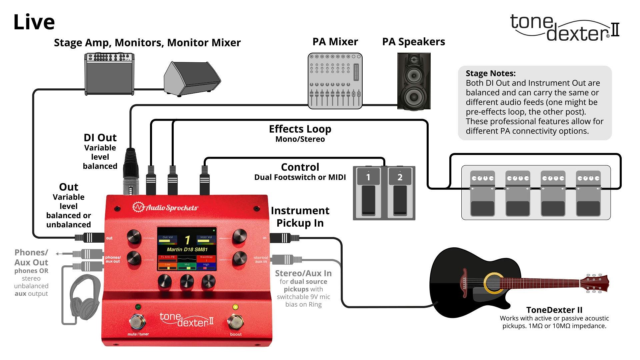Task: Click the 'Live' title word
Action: (x=34, y=22)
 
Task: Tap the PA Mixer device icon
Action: (x=335, y=81)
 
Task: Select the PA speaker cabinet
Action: (x=414, y=81)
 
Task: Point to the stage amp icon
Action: (x=109, y=74)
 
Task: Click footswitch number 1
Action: (x=368, y=193)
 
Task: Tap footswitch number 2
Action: (x=400, y=193)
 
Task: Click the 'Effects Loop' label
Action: (x=300, y=129)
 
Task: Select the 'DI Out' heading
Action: (x=100, y=138)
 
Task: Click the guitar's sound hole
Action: (x=493, y=283)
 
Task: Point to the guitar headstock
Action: (x=595, y=284)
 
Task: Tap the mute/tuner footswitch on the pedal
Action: (x=137, y=322)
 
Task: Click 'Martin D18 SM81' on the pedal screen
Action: (x=187, y=249)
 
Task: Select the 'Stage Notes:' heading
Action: (x=490, y=73)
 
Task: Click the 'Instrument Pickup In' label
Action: (x=300, y=217)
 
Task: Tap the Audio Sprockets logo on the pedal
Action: (x=165, y=208)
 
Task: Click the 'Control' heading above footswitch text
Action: (x=300, y=167)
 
